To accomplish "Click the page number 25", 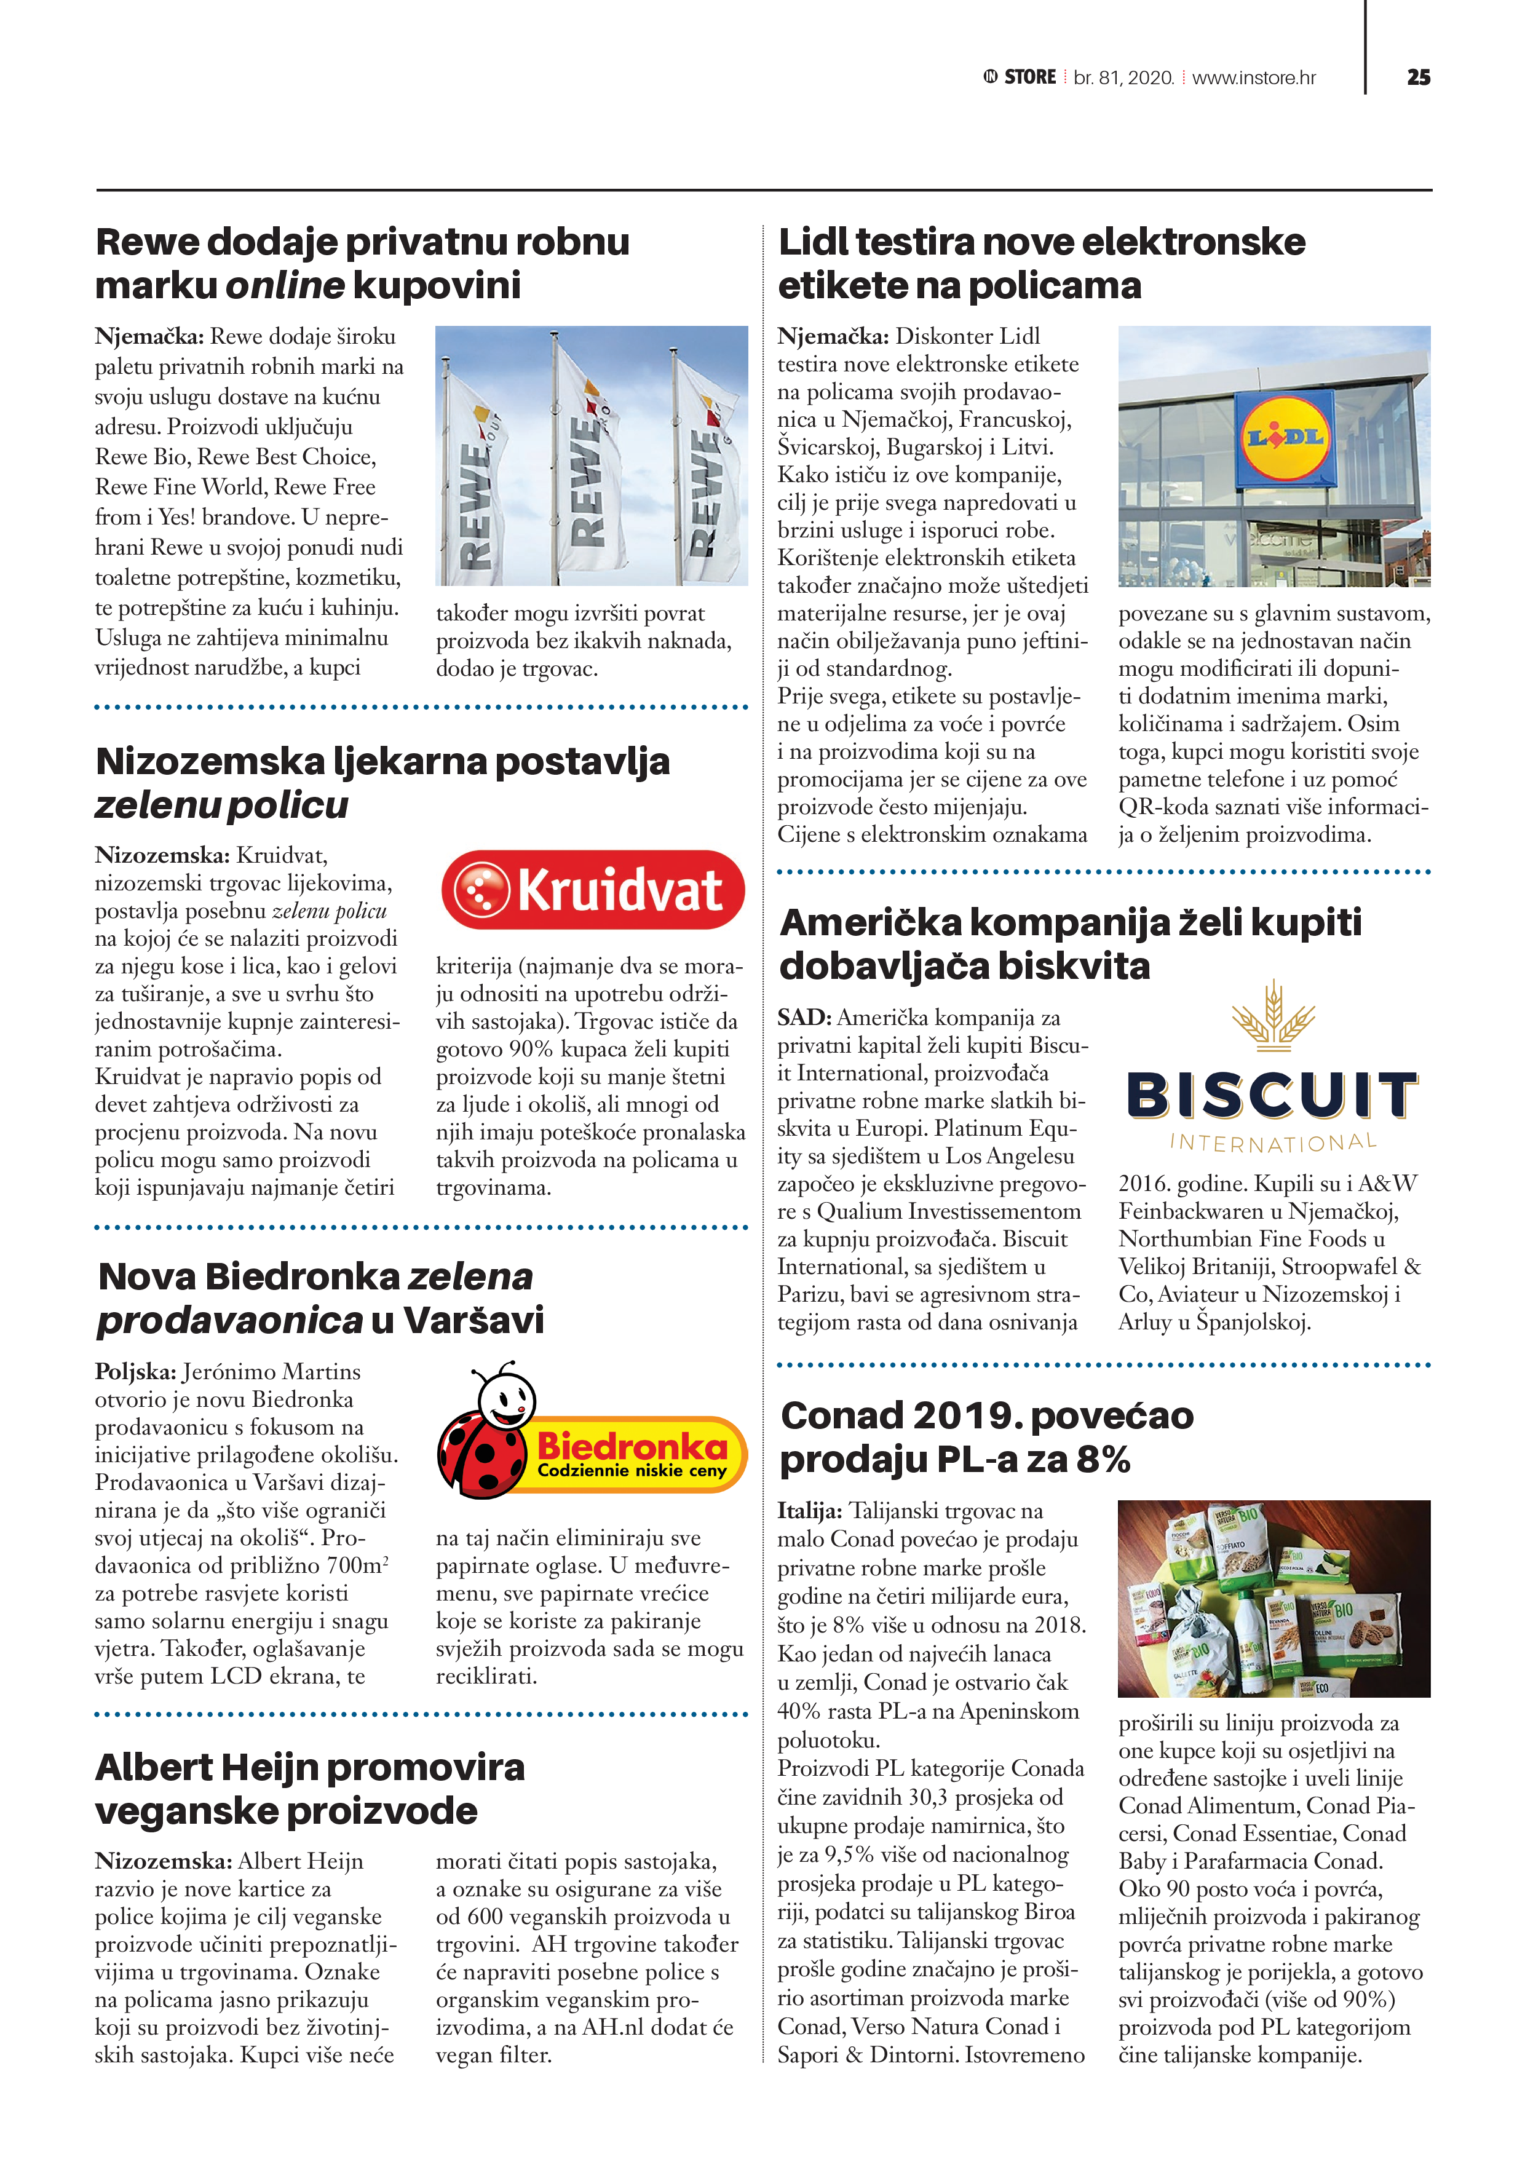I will pos(1418,77).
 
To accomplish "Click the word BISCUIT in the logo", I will pos(1272,1096).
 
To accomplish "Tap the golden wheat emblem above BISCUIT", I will pos(1273,1016).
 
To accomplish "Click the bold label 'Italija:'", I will pos(809,1511).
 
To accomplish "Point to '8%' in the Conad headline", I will pos(1103,1459).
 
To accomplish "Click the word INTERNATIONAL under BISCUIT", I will pos(1273,1142).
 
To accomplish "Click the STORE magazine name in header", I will pos(1030,77).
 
